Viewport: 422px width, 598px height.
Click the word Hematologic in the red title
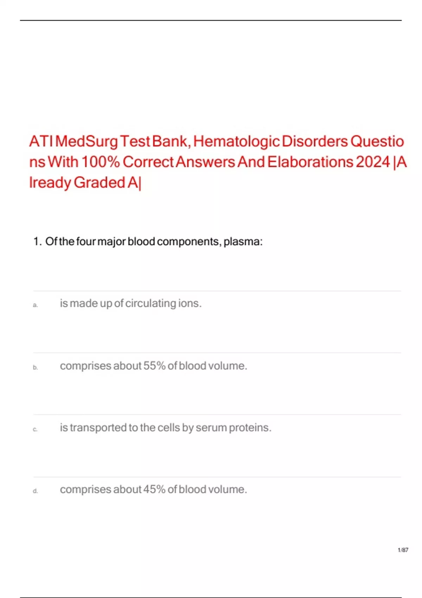click(236, 141)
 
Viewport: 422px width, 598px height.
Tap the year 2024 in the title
click(373, 162)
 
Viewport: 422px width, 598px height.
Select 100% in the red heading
click(101, 162)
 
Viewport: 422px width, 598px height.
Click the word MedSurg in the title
click(87, 141)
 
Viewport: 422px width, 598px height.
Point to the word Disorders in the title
click(315, 141)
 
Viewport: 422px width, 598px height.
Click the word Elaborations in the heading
click(310, 162)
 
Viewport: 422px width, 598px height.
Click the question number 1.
click(37, 242)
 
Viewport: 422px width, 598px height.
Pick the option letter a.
click(35, 305)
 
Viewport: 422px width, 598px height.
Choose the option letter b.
click(35, 367)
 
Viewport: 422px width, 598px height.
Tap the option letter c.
click(35, 430)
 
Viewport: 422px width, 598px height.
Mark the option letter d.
click(35, 491)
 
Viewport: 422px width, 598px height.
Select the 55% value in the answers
click(154, 366)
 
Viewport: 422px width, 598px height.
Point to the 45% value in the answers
click(154, 489)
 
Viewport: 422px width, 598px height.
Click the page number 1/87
click(403, 550)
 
